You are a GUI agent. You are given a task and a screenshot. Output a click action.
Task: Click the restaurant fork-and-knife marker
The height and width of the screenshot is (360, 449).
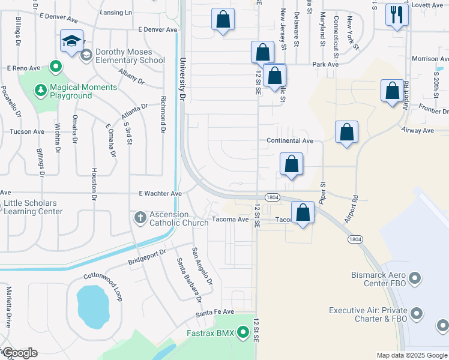click(x=397, y=14)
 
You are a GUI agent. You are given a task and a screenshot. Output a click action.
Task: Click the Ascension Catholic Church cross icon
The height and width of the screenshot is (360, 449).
click(x=140, y=217)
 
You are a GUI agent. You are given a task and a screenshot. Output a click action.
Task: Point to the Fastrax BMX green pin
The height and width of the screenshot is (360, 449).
click(x=243, y=331)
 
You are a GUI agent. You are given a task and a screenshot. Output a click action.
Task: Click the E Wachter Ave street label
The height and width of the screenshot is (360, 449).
click(x=160, y=194)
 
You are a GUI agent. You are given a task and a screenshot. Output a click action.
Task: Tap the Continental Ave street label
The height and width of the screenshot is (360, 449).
click(x=291, y=140)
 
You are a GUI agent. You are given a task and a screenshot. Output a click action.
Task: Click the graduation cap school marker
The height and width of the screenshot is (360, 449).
click(x=71, y=43)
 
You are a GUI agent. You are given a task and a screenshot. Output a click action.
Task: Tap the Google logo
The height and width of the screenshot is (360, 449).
click(x=20, y=353)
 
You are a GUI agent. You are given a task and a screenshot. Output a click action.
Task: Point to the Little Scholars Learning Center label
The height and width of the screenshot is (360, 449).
click(x=34, y=207)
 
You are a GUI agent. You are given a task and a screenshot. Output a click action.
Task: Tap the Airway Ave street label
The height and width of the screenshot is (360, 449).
click(x=420, y=130)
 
